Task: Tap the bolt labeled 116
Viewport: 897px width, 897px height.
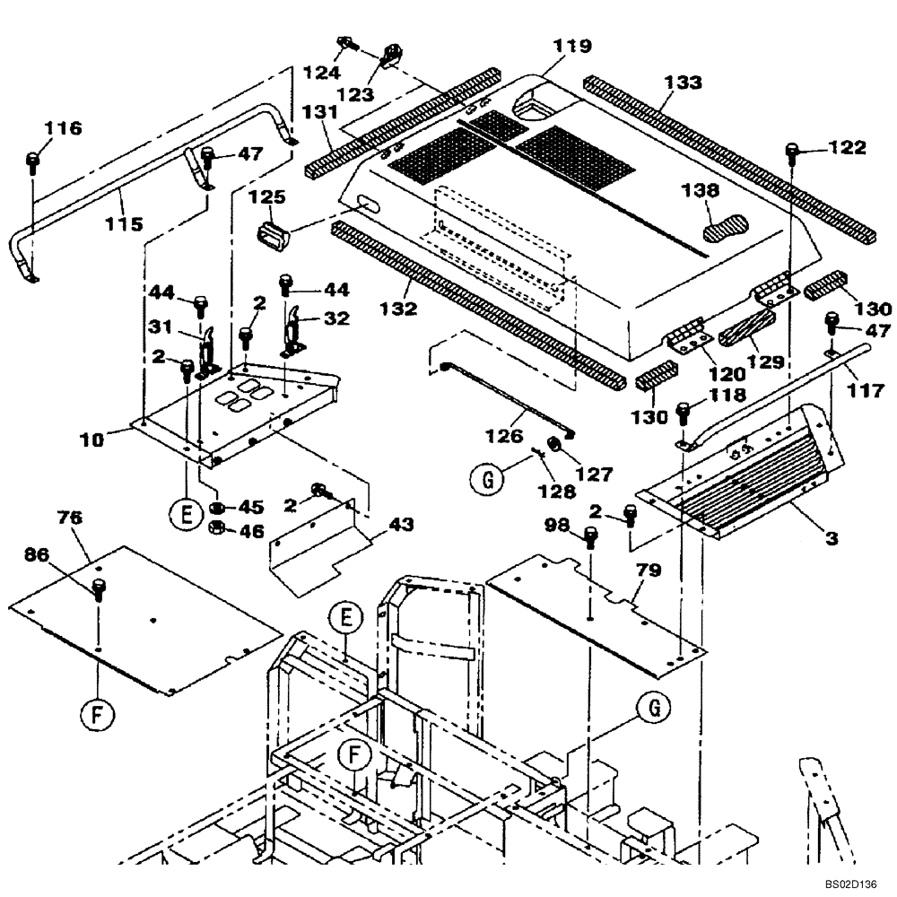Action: pos(33,162)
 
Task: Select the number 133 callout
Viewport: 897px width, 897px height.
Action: pos(684,83)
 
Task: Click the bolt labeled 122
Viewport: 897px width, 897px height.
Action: pos(792,152)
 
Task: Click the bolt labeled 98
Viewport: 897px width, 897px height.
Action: pos(590,537)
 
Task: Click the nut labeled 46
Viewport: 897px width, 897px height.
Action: pos(216,530)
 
